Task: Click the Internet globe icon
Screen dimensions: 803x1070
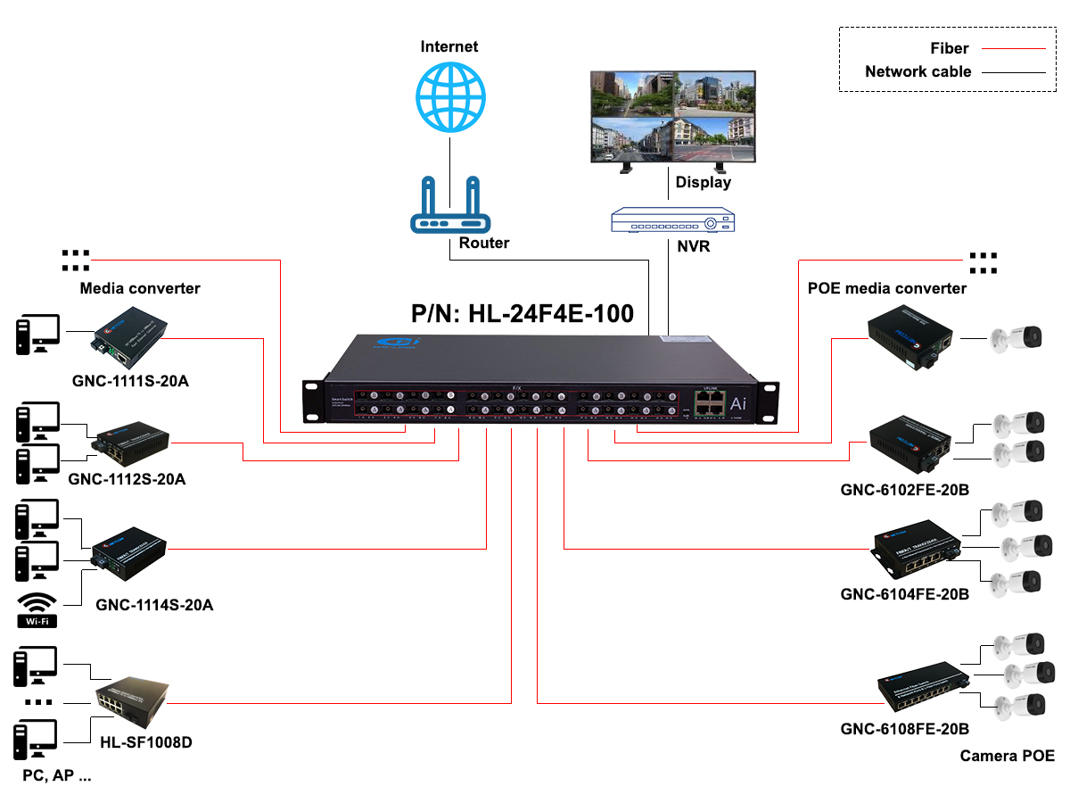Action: (451, 97)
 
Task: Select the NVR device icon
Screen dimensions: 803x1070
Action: (673, 221)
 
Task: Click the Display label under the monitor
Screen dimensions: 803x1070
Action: (703, 182)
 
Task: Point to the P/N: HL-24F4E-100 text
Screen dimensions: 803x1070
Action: (523, 313)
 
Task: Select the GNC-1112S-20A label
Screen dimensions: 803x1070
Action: (127, 479)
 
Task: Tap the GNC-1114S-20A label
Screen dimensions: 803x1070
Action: (154, 605)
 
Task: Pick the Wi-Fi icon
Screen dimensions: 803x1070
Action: (37, 609)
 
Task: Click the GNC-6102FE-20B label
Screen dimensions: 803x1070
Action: (904, 490)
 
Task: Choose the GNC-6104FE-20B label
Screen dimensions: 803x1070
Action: (904, 594)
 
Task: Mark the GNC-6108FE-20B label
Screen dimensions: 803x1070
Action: (904, 729)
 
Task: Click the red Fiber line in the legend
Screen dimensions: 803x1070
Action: (1012, 49)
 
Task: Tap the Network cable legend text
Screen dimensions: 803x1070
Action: (918, 71)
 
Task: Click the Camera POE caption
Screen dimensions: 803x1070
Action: (1007, 756)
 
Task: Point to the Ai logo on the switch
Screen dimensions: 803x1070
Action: (738, 403)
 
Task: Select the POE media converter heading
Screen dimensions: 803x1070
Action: (886, 288)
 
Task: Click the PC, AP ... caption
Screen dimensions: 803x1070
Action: (57, 775)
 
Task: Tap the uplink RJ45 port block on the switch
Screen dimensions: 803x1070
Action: (706, 401)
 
